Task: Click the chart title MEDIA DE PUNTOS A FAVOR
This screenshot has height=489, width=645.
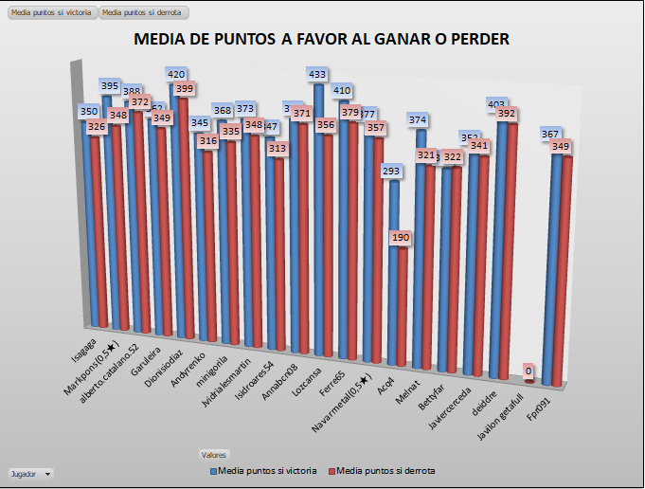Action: [322, 40]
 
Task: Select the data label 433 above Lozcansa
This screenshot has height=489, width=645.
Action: [317, 74]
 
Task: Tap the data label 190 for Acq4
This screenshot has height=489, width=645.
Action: [401, 238]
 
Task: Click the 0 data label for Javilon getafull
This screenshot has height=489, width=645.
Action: [529, 371]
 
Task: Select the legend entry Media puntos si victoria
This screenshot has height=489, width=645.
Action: [262, 471]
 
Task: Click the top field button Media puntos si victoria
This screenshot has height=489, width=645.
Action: [51, 13]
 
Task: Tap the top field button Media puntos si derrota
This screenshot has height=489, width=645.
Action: [143, 13]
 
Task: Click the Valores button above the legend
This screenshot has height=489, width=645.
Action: [214, 455]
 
